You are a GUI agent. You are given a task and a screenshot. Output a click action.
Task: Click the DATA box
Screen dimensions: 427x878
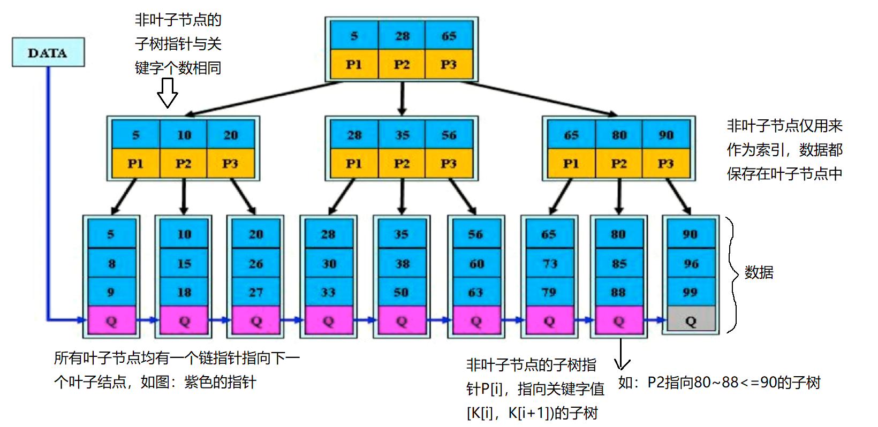pos(48,52)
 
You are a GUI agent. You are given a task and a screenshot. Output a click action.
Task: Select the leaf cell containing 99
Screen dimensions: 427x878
pos(691,292)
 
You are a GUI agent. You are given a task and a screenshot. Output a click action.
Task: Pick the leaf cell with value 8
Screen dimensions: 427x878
pos(111,263)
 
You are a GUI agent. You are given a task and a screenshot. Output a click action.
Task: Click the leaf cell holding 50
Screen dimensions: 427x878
pos(402,292)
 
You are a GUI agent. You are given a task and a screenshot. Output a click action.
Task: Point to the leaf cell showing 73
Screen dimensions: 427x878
pos(549,263)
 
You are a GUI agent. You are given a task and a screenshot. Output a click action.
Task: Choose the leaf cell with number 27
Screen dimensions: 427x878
pos(256,292)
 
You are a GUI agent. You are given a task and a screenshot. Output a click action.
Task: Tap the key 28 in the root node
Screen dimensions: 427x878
pos(402,36)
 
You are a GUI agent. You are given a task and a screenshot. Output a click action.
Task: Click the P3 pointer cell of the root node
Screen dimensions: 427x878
pos(449,64)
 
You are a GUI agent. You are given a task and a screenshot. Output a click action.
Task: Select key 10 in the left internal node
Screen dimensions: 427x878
pos(184,135)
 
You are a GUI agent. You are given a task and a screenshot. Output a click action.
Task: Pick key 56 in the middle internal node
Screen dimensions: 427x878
pos(449,135)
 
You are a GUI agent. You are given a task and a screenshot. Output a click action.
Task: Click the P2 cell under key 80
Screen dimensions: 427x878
pos(619,163)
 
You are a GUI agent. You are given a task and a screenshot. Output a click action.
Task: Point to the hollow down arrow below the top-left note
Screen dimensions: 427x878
pos(167,93)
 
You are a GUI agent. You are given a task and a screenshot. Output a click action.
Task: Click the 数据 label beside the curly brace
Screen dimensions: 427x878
pos(759,272)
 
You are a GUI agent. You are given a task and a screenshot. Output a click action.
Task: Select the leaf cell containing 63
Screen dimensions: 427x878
pos(475,292)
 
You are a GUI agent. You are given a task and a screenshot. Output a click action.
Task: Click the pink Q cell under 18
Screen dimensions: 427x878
pos(184,321)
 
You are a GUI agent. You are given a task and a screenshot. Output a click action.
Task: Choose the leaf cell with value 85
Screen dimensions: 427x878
pos(619,263)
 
